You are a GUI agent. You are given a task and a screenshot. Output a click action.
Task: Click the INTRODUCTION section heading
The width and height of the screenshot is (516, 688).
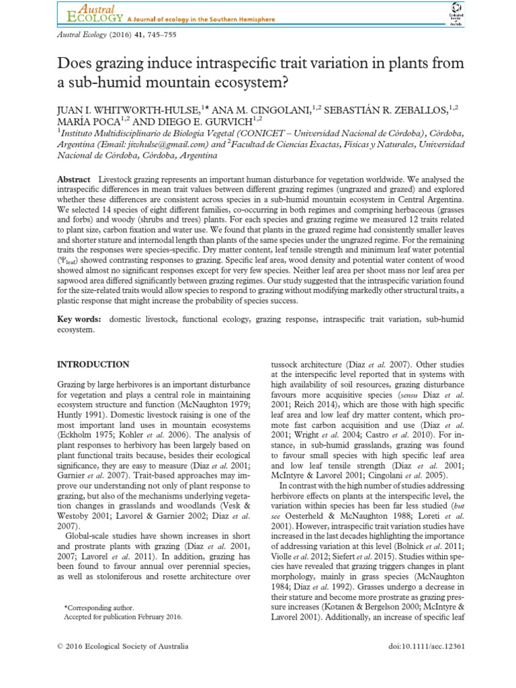93,364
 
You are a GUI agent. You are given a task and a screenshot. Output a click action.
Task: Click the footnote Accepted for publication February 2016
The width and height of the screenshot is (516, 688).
122,616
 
